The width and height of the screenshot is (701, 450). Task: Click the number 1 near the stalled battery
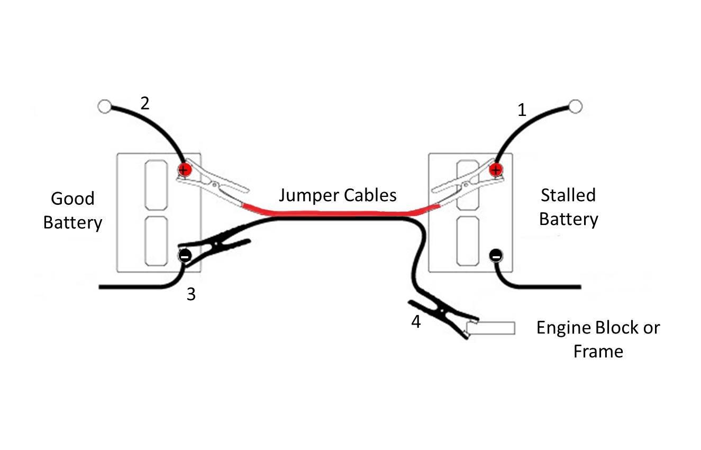(x=522, y=111)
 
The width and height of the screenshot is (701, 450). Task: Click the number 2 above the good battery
(x=144, y=103)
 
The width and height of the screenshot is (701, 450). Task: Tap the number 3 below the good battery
(x=191, y=294)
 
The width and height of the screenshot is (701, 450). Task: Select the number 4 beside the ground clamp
(x=416, y=321)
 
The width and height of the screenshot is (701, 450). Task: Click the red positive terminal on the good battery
(x=184, y=169)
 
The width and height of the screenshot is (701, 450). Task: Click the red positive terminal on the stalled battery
(x=496, y=169)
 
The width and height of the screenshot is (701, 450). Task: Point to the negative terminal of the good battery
(x=185, y=256)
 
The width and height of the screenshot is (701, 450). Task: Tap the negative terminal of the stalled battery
(x=496, y=256)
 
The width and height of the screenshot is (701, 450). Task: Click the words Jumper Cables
(x=338, y=195)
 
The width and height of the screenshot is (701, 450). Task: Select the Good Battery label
(x=72, y=210)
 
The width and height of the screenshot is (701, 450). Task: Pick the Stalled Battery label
(x=568, y=207)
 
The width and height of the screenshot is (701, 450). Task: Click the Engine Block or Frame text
(x=598, y=339)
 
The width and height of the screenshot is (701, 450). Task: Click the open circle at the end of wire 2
(x=104, y=107)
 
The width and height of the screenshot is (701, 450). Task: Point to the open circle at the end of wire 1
(x=576, y=106)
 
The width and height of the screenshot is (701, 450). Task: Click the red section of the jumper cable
(x=339, y=213)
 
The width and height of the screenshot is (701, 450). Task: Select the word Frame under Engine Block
(x=598, y=352)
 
